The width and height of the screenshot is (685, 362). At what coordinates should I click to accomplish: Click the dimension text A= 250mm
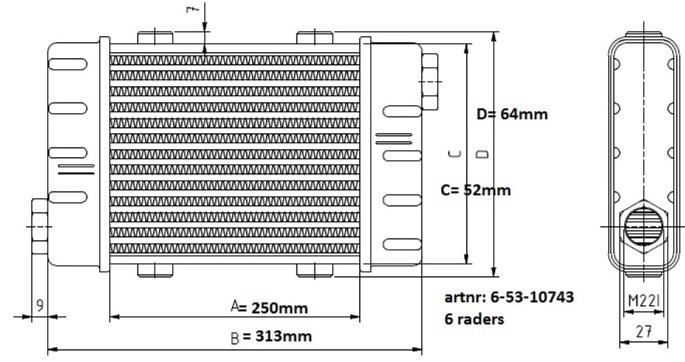[x=269, y=307]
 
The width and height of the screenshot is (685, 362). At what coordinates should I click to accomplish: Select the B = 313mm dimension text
[x=271, y=337]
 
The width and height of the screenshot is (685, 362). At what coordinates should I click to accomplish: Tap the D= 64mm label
[x=512, y=114]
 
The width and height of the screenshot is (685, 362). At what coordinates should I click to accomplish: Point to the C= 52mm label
[x=476, y=190]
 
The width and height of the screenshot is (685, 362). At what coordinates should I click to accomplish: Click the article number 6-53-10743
[x=532, y=297]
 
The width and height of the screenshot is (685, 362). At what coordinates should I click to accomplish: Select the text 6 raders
[x=474, y=319]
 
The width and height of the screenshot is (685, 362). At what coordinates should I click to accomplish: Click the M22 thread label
[x=644, y=300]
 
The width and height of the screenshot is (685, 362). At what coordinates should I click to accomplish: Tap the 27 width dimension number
[x=644, y=332]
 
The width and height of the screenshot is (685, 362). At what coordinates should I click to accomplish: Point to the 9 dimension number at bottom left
[x=39, y=305]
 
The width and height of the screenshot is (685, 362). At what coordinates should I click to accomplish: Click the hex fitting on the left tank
[x=39, y=226]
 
